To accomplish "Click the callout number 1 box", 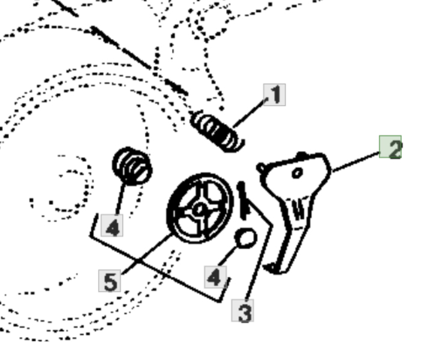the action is [x=274, y=95].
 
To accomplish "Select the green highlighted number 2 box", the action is [x=390, y=147].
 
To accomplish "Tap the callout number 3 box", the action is [x=242, y=311].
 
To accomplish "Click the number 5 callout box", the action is [x=109, y=281].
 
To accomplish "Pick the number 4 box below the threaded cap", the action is [x=112, y=226].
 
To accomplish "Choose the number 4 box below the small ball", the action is [x=216, y=277].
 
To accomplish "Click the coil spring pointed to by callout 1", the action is [x=218, y=132].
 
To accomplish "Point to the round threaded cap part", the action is [x=132, y=166].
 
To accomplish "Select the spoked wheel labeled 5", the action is [x=200, y=208].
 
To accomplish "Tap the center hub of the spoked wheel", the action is [x=198, y=209].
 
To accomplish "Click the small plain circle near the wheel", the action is [x=245, y=238].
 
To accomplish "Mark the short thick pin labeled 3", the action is [x=244, y=200].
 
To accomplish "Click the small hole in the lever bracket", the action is [x=297, y=173].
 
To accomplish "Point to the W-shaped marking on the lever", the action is [x=299, y=211].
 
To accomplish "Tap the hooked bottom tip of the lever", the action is [x=271, y=268].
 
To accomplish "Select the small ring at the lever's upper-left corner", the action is [x=261, y=168].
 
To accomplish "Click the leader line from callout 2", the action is [x=356, y=163].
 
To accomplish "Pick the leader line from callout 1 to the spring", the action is [x=250, y=113].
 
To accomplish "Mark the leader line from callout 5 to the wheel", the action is [x=147, y=254].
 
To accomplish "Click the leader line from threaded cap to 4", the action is [x=121, y=199].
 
